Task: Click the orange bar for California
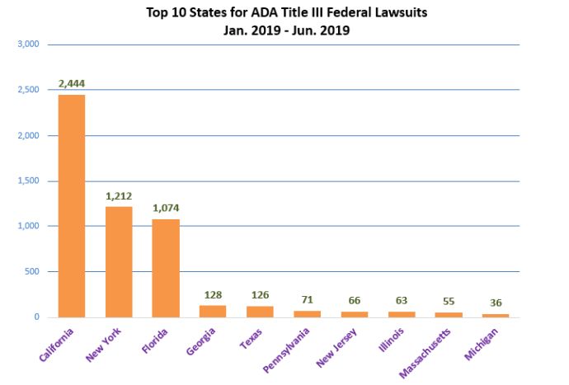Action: point(71,206)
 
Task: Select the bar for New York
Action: point(118,261)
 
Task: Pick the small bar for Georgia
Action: point(213,312)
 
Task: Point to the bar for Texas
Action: point(260,312)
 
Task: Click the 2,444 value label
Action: point(71,83)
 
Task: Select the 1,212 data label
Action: point(119,196)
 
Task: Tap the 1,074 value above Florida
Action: point(165,208)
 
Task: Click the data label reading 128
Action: point(213,294)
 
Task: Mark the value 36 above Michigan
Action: point(496,303)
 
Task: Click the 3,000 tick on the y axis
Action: point(28,45)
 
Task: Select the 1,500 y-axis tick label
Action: point(28,181)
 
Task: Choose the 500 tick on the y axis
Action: point(31,271)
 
